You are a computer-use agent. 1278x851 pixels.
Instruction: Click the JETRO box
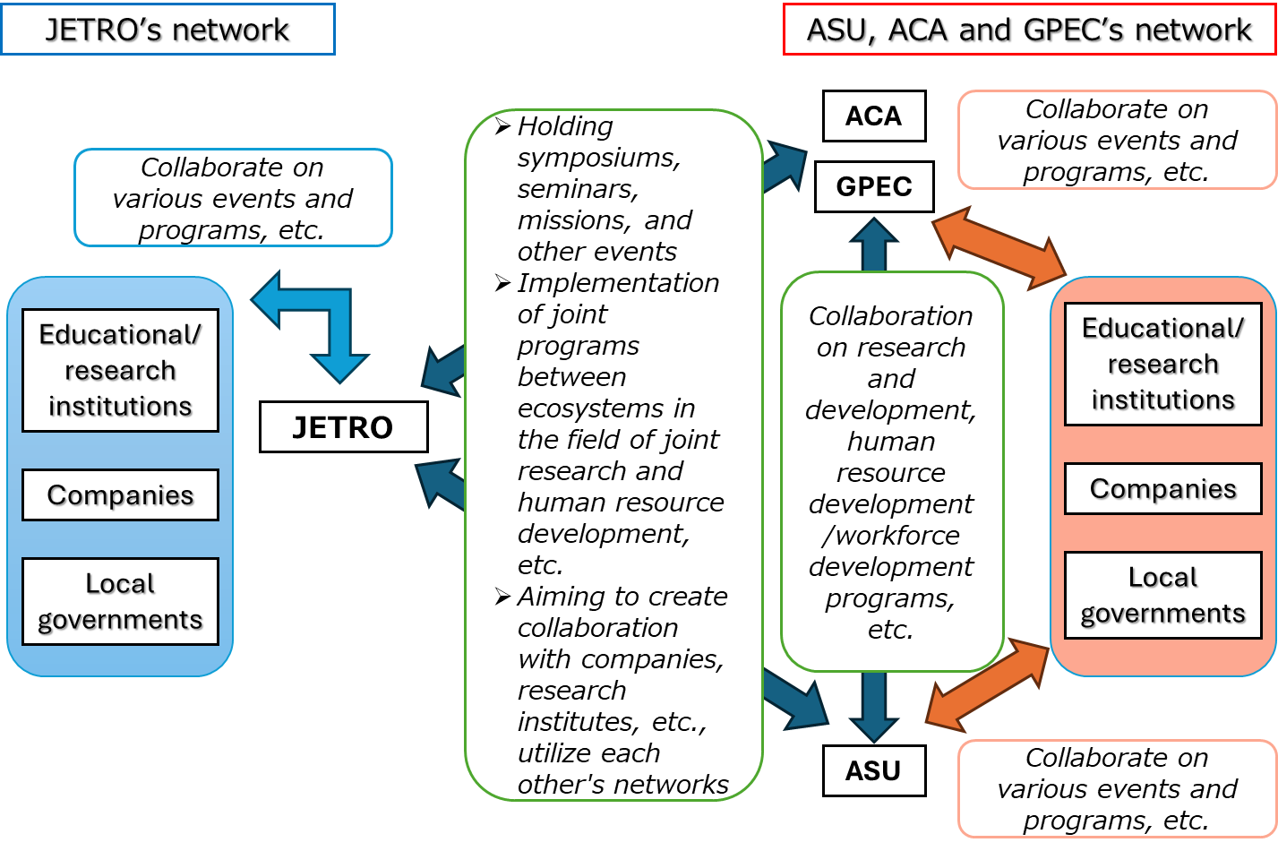(343, 427)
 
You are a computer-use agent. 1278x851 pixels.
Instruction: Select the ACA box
(873, 116)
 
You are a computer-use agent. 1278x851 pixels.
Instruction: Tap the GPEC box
(873, 186)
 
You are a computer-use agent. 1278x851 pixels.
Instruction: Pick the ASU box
(873, 770)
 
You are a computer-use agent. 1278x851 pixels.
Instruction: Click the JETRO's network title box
(167, 30)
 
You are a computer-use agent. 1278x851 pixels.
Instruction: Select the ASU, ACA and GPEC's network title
(1029, 30)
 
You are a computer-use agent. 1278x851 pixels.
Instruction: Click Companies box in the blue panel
(120, 494)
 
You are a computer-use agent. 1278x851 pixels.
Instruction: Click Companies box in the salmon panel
(1162, 488)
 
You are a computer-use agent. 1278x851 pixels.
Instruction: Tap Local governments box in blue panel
(120, 601)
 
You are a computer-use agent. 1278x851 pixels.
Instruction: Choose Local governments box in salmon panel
(1162, 595)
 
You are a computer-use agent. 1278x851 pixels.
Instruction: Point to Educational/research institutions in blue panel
(120, 370)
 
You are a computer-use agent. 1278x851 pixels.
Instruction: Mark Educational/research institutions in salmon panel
(1162, 364)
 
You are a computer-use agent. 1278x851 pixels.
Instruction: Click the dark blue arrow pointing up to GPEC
(873, 244)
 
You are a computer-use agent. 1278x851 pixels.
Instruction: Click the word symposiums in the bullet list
(598, 158)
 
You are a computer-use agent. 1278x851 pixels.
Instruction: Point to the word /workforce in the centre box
(891, 536)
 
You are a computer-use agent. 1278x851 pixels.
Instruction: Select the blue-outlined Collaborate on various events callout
(233, 198)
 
